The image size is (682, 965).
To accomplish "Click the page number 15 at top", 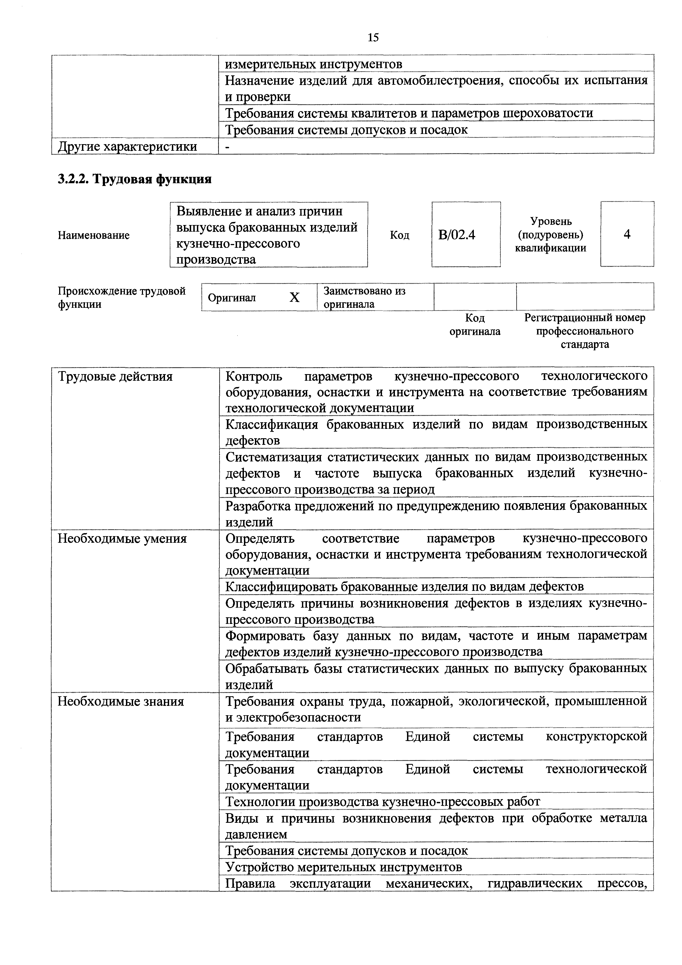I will coord(373,38).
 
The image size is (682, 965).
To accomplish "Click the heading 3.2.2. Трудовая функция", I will coord(134,179).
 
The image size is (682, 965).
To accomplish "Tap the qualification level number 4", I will coord(627,234).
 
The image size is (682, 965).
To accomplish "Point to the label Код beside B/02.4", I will coord(399,235).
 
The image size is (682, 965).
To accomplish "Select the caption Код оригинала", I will coord(475,325).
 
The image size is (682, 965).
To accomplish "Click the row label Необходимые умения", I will coord(122,538).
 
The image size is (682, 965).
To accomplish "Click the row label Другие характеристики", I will coord(127,147).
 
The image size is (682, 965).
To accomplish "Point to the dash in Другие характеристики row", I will coord(228,147).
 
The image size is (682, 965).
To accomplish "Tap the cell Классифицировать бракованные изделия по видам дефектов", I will coord(404,586).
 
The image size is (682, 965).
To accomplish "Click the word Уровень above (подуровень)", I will coord(551,221).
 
